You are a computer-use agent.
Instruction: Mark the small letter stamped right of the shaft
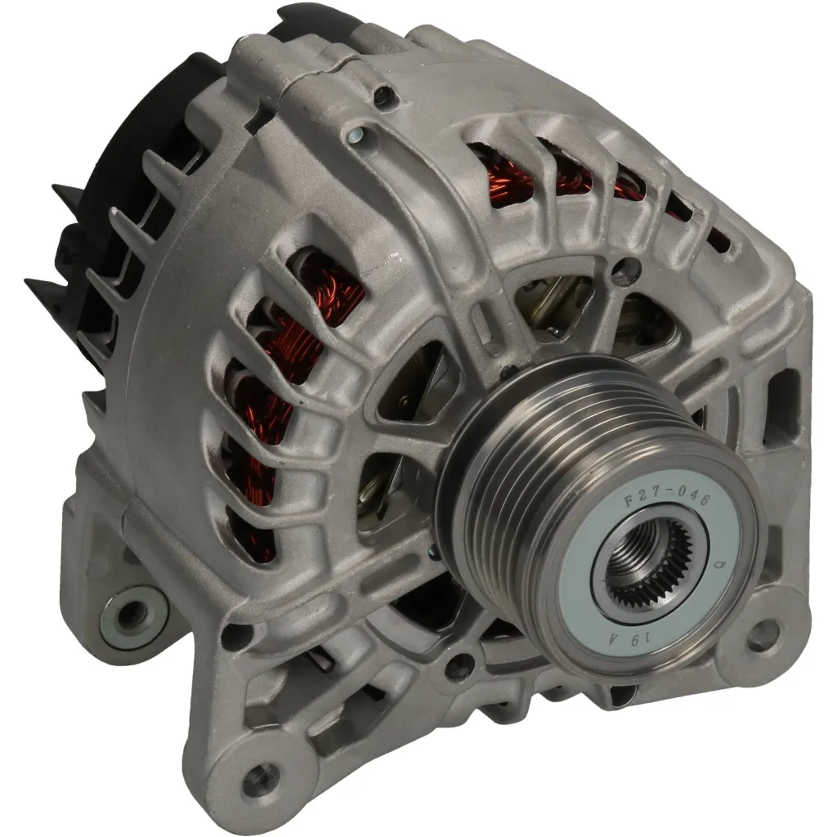click(x=720, y=565)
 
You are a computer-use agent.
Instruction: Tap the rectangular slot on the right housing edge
click(x=782, y=396)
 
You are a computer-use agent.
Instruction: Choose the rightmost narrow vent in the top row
click(x=717, y=239)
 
